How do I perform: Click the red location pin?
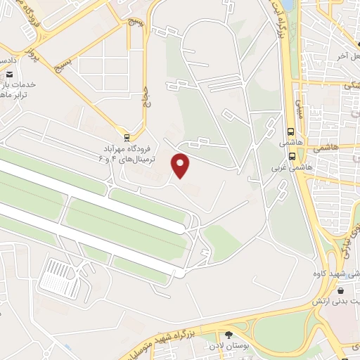[x=181, y=165]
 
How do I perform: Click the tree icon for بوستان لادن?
[x=230, y=335]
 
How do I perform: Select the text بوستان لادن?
[x=223, y=347]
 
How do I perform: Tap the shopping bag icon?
[x=340, y=290]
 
